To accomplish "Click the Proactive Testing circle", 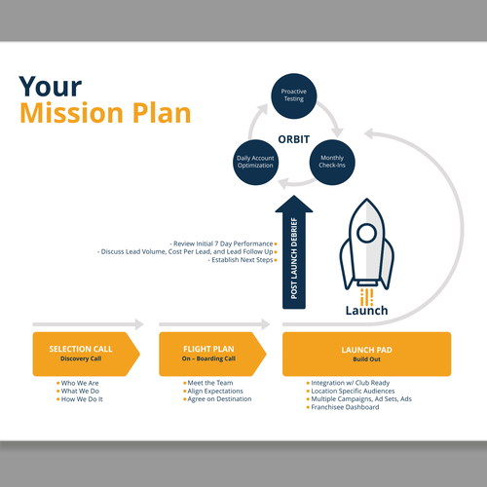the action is [x=294, y=96].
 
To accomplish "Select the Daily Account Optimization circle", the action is [x=256, y=163].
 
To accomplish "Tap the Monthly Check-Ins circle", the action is [x=332, y=163].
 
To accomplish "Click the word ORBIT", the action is [x=294, y=139].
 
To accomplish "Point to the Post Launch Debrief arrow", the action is [x=294, y=252].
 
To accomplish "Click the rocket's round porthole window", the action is [x=366, y=233].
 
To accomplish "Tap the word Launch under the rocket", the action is [x=366, y=311].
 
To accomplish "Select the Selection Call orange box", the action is [x=86, y=354].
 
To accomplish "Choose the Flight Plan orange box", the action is [x=212, y=354].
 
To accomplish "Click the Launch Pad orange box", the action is [x=366, y=354].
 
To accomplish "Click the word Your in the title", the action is [x=51, y=87].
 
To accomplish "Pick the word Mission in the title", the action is [x=71, y=113].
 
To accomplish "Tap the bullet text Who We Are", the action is [x=80, y=383].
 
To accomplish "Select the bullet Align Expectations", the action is [x=215, y=392].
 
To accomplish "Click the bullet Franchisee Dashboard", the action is [x=345, y=407].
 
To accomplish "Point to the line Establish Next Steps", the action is [x=243, y=260].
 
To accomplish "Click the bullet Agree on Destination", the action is [x=219, y=399].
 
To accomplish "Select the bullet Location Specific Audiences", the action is [x=353, y=392].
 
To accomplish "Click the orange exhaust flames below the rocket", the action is [x=366, y=297].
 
